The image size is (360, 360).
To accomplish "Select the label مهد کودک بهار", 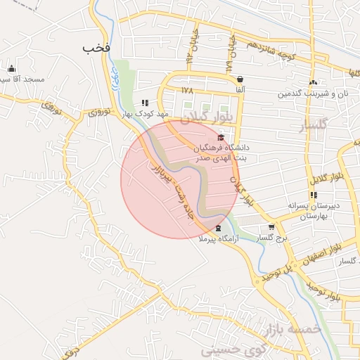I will coord(144,113).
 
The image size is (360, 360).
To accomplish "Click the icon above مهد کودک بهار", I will coord(145,103).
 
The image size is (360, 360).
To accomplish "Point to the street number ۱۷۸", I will coord(186,90).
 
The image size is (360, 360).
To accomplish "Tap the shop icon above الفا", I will coord(240,79).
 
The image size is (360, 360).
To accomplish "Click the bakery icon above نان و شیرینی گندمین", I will coord(313,82).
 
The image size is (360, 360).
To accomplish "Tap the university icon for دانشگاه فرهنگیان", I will coord(221,137).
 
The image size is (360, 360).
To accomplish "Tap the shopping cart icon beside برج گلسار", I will coord(271,227).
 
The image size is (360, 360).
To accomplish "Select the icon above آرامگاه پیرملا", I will coord(217,228).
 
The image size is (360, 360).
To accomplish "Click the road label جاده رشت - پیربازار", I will coord(172,189).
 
